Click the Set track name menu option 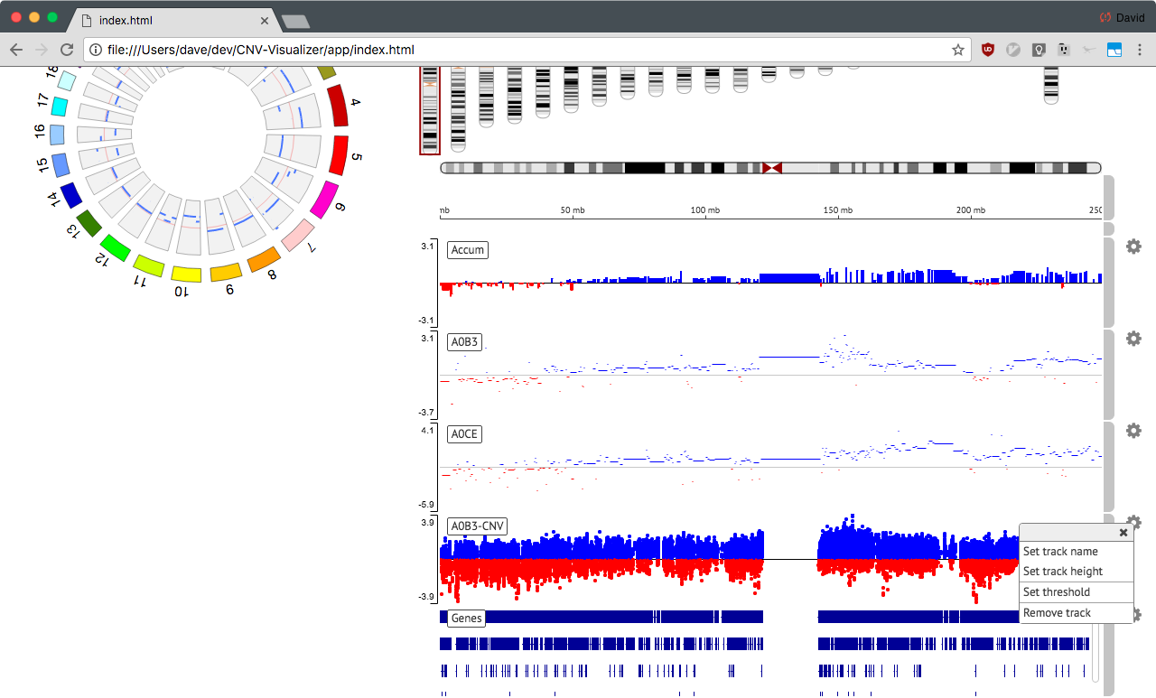click(x=1060, y=551)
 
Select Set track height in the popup click(x=1063, y=571)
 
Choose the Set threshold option click(x=1057, y=591)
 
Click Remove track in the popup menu click(x=1057, y=612)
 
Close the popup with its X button click(x=1123, y=533)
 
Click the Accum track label click(x=468, y=250)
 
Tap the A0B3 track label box click(x=464, y=341)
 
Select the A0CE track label click(x=464, y=433)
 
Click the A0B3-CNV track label click(x=478, y=526)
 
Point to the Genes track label click(x=467, y=618)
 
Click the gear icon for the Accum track click(x=1133, y=247)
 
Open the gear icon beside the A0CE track click(x=1133, y=430)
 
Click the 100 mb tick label click(x=705, y=210)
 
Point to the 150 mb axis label click(x=837, y=210)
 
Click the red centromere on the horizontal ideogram click(x=772, y=168)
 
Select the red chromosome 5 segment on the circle click(x=339, y=154)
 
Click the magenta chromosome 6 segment click(x=324, y=200)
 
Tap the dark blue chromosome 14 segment click(x=71, y=196)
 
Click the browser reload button click(x=67, y=50)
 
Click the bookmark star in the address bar click(x=958, y=50)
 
